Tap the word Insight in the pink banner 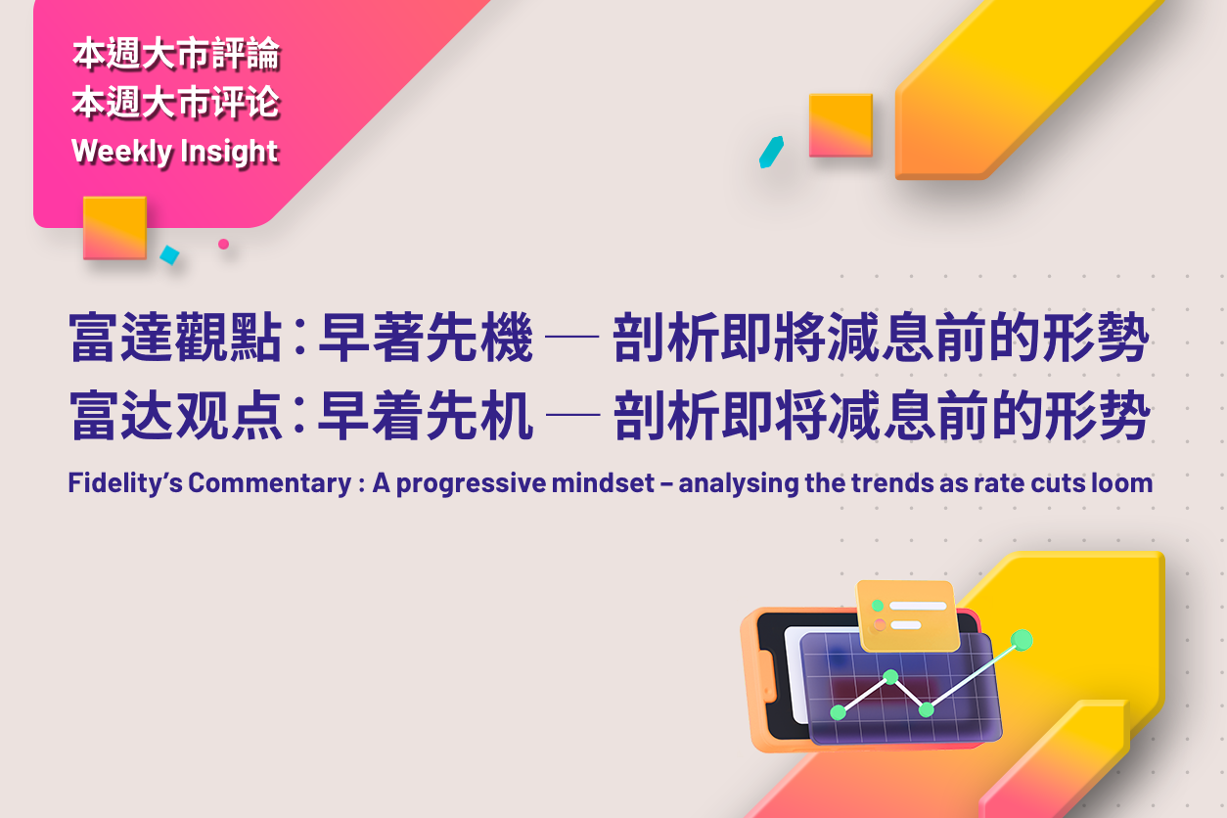click(229, 152)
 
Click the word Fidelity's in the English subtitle click(125, 483)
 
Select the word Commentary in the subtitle click(269, 483)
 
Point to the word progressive click(471, 484)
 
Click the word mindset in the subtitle click(603, 482)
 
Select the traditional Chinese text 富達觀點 click(175, 337)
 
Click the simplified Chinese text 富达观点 click(175, 415)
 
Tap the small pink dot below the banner click(223, 244)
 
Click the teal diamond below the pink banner click(169, 254)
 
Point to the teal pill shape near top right click(771, 152)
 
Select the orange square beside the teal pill click(841, 125)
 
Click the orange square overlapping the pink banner click(115, 228)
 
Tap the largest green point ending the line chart click(1022, 640)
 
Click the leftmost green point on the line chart click(839, 712)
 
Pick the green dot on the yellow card click(878, 606)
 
